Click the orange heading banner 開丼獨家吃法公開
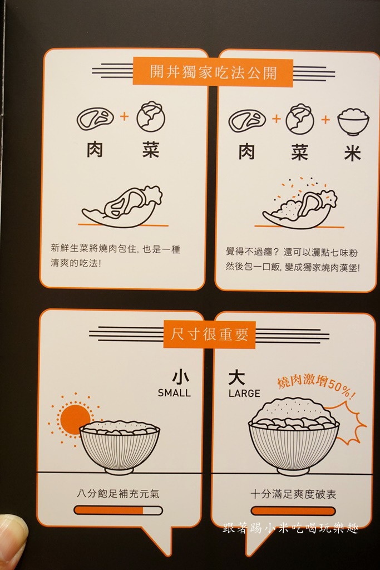[213, 72]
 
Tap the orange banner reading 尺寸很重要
[210, 334]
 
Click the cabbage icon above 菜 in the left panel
[151, 116]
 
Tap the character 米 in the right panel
[353, 153]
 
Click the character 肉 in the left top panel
[95, 150]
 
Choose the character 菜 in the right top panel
[300, 153]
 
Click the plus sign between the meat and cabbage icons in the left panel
[125, 116]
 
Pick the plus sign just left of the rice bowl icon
[325, 119]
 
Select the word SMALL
[174, 393]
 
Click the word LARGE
[244, 394]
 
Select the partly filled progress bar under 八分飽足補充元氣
[118, 511]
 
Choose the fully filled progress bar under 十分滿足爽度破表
[293, 511]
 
